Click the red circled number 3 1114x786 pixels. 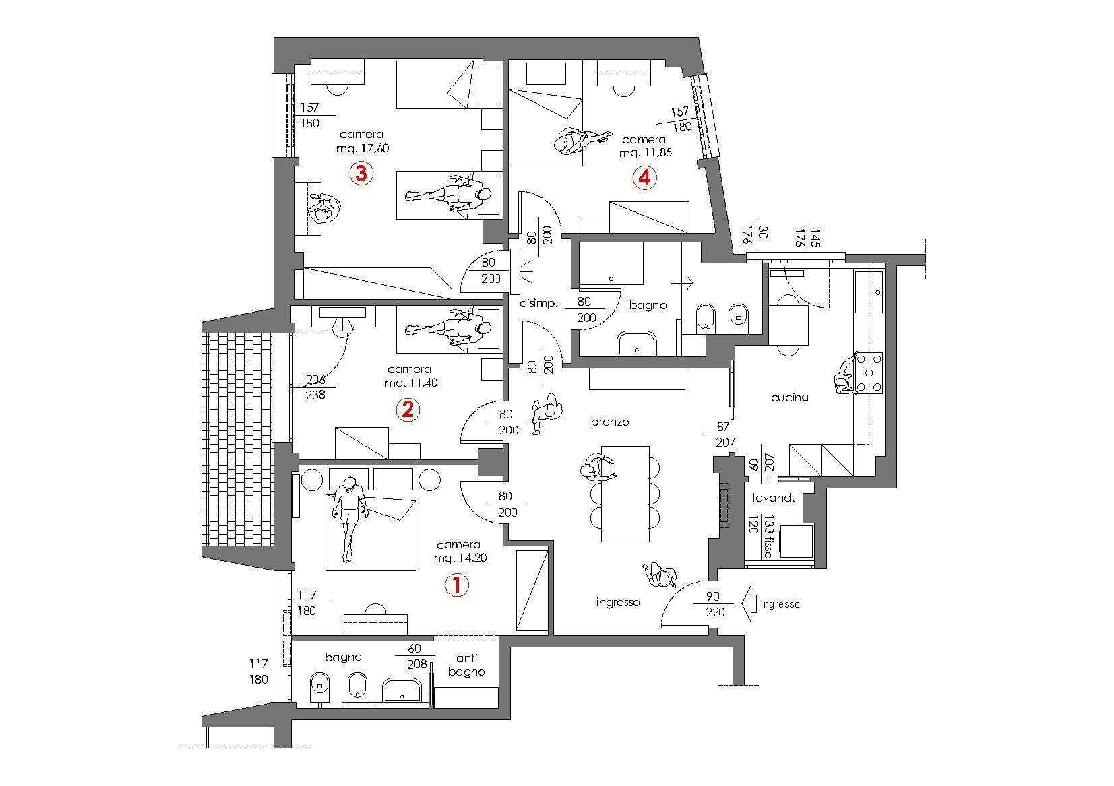pos(361,174)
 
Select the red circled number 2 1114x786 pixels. pos(407,409)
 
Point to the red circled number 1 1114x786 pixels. pos(456,585)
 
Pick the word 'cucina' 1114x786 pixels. pos(789,397)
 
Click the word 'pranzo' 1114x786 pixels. pos(610,422)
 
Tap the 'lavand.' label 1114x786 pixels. pos(774,499)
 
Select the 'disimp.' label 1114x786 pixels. pos(538,304)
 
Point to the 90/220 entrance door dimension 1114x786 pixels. pos(715,604)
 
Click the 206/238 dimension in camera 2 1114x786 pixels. pos(315,387)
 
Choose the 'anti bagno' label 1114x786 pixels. pos(466,665)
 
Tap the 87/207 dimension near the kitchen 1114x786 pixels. pos(724,435)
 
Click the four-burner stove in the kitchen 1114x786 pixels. pos(869,372)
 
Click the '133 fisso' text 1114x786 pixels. pos(768,539)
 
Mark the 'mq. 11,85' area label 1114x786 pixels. pos(645,153)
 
